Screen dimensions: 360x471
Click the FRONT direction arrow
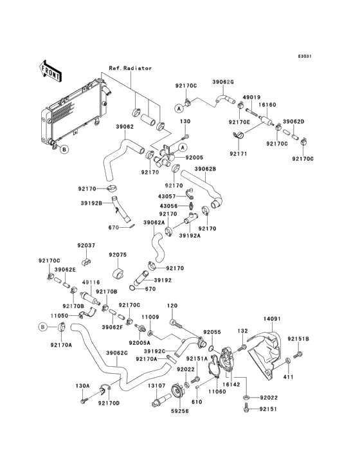50,71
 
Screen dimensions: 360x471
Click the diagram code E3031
305,56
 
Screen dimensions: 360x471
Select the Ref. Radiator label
130,68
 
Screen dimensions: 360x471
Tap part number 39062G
223,82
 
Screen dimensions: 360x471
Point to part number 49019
251,97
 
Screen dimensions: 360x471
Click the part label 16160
267,105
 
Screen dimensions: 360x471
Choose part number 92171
239,154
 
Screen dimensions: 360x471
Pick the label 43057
167,196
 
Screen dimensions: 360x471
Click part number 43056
168,206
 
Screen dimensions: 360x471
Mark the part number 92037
86,245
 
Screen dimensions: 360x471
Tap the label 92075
118,255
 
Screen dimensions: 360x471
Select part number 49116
91,282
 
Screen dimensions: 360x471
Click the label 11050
59,316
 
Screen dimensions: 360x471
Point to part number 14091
272,319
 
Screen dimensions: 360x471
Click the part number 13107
156,385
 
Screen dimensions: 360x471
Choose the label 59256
180,411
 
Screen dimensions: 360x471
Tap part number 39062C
117,353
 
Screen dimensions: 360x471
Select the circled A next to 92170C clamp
179,109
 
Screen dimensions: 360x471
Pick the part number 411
288,377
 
